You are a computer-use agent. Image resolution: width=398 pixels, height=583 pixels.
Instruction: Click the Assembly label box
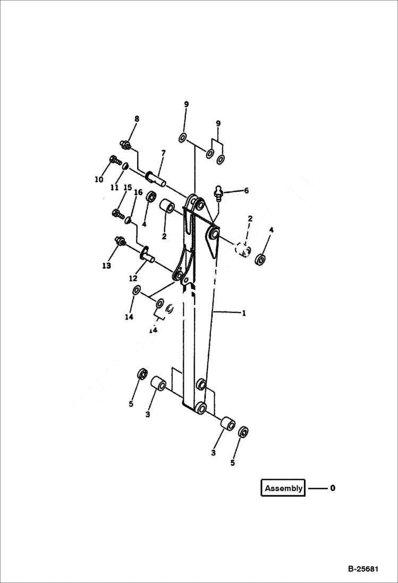tap(283, 488)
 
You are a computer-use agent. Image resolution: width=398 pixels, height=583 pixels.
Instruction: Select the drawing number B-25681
tap(363, 569)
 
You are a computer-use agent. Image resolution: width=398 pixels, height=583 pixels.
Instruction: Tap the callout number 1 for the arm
tap(244, 313)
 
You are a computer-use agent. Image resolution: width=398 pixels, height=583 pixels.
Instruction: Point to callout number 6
tap(245, 190)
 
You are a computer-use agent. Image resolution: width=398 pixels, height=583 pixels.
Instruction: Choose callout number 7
tap(163, 153)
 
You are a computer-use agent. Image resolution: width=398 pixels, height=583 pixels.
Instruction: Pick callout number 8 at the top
tap(137, 119)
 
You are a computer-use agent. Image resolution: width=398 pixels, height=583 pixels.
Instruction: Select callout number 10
tap(99, 179)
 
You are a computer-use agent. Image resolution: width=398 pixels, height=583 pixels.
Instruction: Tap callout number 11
tap(115, 187)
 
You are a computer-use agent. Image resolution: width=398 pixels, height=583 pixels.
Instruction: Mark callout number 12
tap(133, 277)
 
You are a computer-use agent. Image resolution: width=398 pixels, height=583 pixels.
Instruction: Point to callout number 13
tap(106, 265)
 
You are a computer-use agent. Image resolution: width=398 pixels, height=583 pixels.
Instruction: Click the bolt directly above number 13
tap(119, 241)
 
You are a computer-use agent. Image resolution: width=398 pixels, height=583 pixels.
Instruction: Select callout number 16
tap(138, 192)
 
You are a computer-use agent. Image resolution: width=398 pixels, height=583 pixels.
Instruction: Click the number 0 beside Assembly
tap(333, 488)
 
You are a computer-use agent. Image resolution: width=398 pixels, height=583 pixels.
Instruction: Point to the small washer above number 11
tap(125, 167)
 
